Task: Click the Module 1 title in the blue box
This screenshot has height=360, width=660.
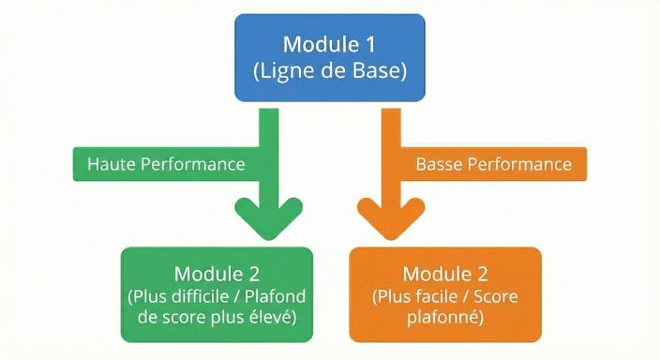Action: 329,44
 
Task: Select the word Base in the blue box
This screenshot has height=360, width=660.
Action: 380,70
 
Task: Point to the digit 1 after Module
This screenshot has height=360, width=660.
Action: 371,44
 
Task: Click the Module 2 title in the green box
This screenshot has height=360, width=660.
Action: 216,274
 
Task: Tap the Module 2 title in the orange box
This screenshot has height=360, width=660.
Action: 444,274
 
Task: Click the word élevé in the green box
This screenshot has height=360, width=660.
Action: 274,319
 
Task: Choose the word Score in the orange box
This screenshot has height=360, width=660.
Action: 496,297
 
